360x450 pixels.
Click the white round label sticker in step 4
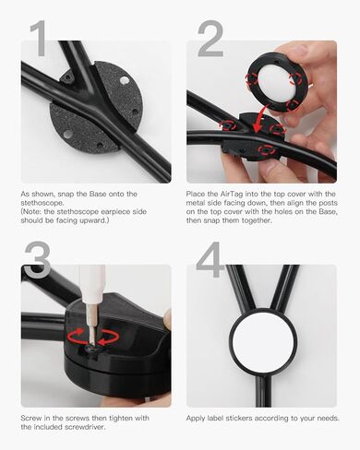click(262, 349)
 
